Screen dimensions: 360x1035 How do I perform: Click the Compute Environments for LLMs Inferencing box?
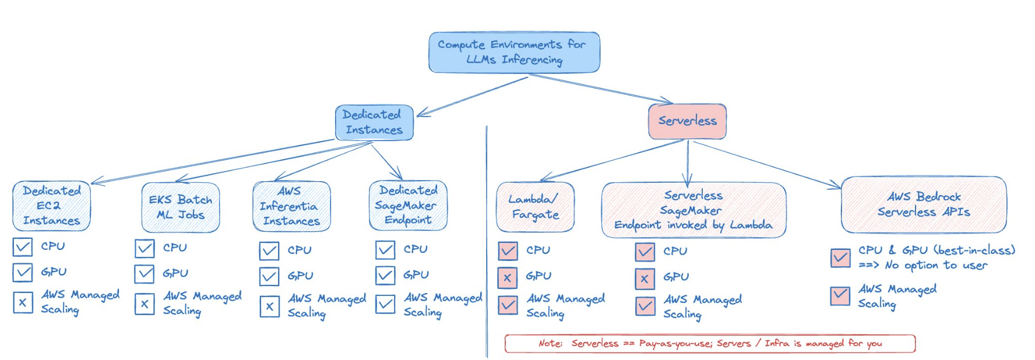(514, 52)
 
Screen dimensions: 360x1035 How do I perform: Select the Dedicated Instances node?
(374, 122)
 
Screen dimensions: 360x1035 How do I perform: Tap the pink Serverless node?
(687, 121)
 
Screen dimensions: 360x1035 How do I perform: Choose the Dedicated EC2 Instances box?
(51, 206)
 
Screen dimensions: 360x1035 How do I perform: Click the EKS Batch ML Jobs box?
(181, 207)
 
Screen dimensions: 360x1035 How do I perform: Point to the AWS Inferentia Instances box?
(291, 206)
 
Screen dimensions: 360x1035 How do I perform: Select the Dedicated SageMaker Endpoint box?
(408, 206)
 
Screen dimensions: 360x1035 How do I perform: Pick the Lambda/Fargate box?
(535, 207)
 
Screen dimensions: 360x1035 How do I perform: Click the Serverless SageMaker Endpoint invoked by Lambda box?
(693, 210)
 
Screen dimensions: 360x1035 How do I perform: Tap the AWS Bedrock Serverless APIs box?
(924, 204)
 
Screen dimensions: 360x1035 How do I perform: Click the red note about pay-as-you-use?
(710, 344)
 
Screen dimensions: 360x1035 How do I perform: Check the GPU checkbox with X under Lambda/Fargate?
(508, 278)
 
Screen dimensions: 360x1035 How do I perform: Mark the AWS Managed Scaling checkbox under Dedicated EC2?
(23, 302)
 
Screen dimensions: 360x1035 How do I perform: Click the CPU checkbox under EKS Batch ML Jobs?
(145, 249)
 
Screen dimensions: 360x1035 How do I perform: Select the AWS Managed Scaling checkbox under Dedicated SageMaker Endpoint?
(385, 304)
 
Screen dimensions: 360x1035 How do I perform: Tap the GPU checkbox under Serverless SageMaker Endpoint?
(645, 279)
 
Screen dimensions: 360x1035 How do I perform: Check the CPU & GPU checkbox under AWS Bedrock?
(840, 257)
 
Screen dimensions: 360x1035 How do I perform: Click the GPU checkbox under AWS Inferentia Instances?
(269, 276)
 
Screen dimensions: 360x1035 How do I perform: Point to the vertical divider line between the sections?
(486, 245)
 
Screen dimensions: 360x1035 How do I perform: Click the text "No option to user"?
(936, 266)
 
